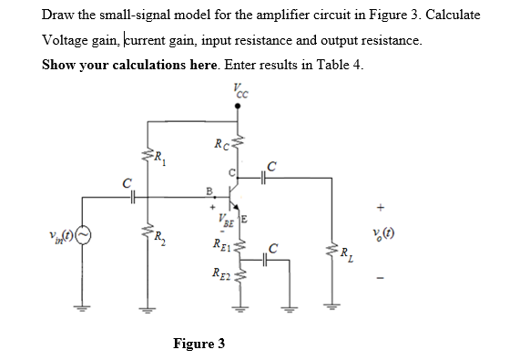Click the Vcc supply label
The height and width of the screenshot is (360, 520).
[x=240, y=91]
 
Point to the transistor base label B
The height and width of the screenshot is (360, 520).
[x=209, y=190]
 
